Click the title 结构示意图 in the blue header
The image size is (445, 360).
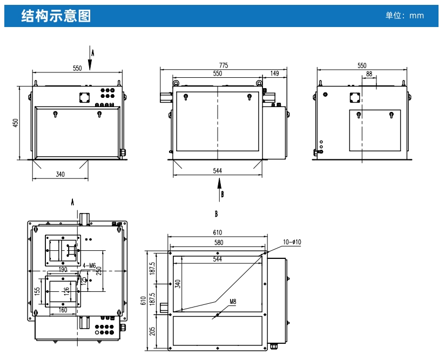(x=56, y=16)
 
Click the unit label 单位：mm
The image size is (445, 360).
(x=404, y=16)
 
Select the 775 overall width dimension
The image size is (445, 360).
(x=223, y=65)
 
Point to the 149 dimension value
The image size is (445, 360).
(x=274, y=73)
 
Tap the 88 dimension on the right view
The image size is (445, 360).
(x=369, y=73)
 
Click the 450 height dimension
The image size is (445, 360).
(x=16, y=123)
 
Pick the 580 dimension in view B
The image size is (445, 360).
(x=218, y=243)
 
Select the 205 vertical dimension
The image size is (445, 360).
(x=152, y=330)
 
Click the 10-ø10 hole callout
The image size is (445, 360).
(x=292, y=242)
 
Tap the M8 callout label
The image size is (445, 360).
(x=233, y=302)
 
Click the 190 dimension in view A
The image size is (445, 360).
(x=63, y=269)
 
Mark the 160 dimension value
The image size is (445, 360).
(x=63, y=310)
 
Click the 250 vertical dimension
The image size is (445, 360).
(x=98, y=271)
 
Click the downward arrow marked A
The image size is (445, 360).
(x=90, y=58)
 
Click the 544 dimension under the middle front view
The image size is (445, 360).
(x=218, y=171)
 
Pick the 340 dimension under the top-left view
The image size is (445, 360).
(x=60, y=174)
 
